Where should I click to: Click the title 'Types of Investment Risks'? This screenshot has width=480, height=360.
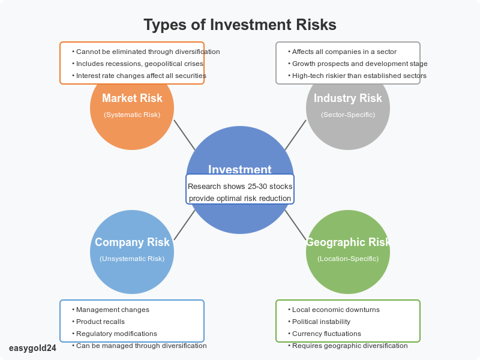coord(240,25)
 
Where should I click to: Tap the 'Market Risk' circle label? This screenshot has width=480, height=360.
coord(132,98)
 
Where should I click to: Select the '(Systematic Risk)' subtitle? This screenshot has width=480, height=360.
coord(132,114)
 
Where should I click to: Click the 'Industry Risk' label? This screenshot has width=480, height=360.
coord(348,98)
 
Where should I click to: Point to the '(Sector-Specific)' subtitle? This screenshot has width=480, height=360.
coord(348,114)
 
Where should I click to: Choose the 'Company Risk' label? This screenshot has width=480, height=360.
coord(132,242)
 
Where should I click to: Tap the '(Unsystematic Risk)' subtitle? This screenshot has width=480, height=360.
coord(132,259)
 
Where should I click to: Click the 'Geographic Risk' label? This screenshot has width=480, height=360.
coord(348,242)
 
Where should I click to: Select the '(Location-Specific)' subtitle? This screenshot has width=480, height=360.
coord(348,259)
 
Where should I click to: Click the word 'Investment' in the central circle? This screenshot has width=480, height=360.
coord(240,170)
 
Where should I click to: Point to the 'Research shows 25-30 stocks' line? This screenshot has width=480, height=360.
coord(240,187)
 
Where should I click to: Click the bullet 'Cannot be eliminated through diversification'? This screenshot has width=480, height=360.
coord(148,52)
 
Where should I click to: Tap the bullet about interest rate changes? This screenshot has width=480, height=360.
coord(141,76)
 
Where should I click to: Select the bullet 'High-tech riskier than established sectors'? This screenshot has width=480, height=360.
coord(359,76)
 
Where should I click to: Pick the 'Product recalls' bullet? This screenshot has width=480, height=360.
coord(100,322)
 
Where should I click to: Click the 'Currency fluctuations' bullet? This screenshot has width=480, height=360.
coord(326,334)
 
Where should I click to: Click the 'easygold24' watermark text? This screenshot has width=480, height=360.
coord(33,348)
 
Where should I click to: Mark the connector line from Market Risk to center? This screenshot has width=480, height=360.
coord(184,134)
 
